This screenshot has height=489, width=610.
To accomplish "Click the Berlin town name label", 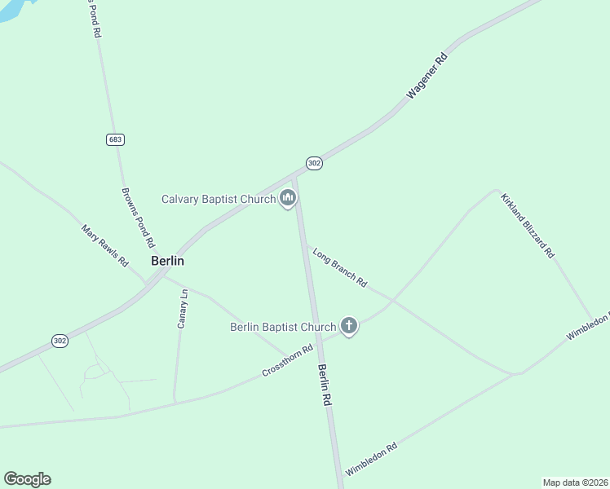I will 167,262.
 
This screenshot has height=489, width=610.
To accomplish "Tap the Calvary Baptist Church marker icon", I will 287,198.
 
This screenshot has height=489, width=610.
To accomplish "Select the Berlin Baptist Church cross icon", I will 348,327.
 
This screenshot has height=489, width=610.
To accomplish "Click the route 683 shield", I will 116,139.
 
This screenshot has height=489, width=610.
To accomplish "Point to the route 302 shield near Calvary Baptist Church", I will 315,164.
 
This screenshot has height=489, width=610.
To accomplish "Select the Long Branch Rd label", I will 340,267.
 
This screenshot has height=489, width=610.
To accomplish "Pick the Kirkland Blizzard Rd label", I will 528,226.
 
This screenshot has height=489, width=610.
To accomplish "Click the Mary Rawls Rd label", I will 105,246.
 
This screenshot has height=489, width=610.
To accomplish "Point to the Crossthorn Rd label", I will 288,362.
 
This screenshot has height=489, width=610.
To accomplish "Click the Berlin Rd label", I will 325,386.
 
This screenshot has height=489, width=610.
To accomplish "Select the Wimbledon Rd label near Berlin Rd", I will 371,460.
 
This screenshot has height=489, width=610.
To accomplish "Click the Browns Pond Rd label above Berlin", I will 138,218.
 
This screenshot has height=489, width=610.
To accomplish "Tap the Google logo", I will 27,479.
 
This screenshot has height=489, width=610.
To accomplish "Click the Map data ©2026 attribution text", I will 576,482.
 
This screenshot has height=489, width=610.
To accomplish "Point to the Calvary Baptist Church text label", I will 219,199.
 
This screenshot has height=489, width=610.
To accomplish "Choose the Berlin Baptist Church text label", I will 283,328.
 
